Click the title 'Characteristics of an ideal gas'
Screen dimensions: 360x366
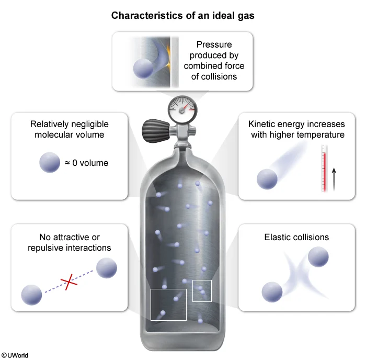pos(182,16)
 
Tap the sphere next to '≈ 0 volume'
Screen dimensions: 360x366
pos(50,163)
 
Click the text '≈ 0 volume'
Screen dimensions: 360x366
pos(86,163)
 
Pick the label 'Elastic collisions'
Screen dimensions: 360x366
pos(296,237)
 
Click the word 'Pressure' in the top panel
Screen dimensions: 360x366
pos(214,45)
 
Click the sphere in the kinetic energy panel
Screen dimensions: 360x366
pos(267,179)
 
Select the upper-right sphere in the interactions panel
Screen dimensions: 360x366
pos(106,267)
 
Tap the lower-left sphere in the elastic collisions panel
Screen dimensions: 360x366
pos(272,292)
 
